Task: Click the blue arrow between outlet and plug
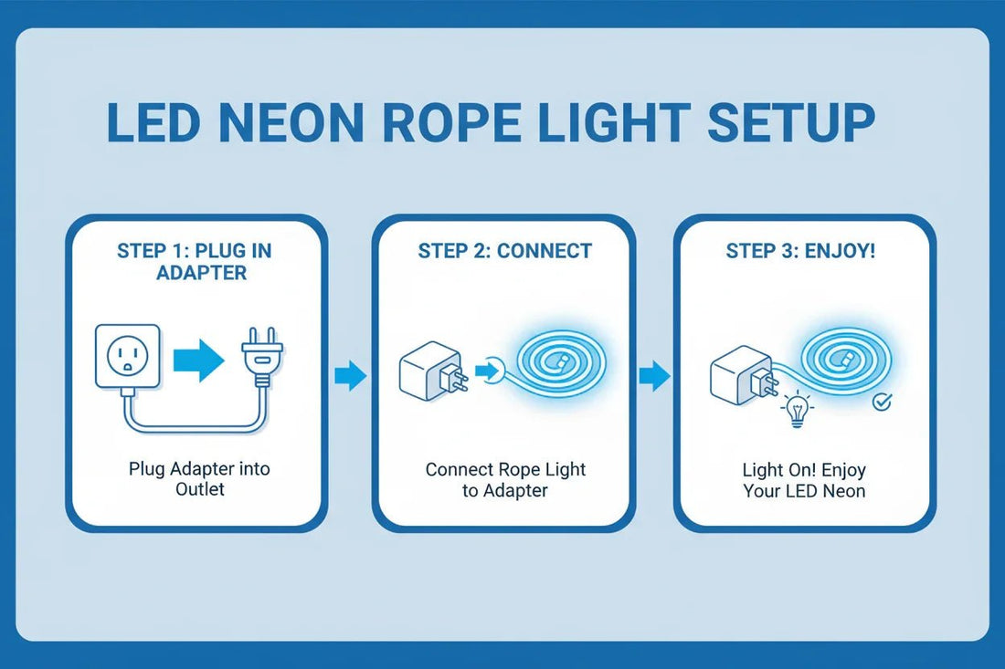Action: tap(198, 360)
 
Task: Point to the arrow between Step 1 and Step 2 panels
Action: tap(350, 374)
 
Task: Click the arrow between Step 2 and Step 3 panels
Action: tap(653, 374)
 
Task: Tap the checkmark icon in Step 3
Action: tap(882, 401)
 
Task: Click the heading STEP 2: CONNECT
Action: tap(504, 250)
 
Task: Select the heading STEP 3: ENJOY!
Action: tap(800, 250)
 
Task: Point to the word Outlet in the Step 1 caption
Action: tap(199, 489)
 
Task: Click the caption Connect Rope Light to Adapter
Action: tap(505, 480)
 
